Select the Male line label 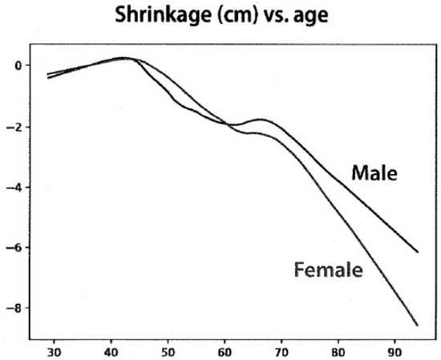click(x=374, y=172)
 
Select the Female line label click(x=328, y=269)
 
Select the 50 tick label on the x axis click(x=168, y=351)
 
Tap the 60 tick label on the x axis click(x=225, y=351)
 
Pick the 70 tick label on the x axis click(x=281, y=351)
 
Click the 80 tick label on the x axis click(x=338, y=351)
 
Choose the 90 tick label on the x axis click(x=395, y=351)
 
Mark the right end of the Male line click(x=418, y=252)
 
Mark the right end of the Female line click(x=418, y=325)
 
